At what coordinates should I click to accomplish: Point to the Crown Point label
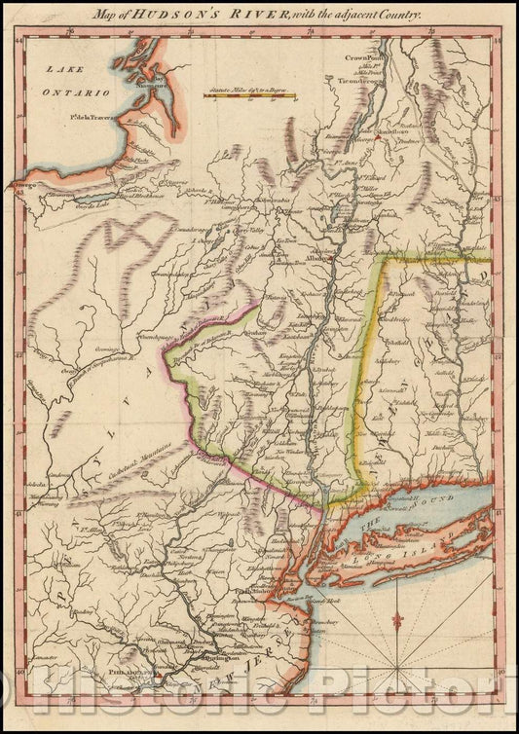click(360, 58)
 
